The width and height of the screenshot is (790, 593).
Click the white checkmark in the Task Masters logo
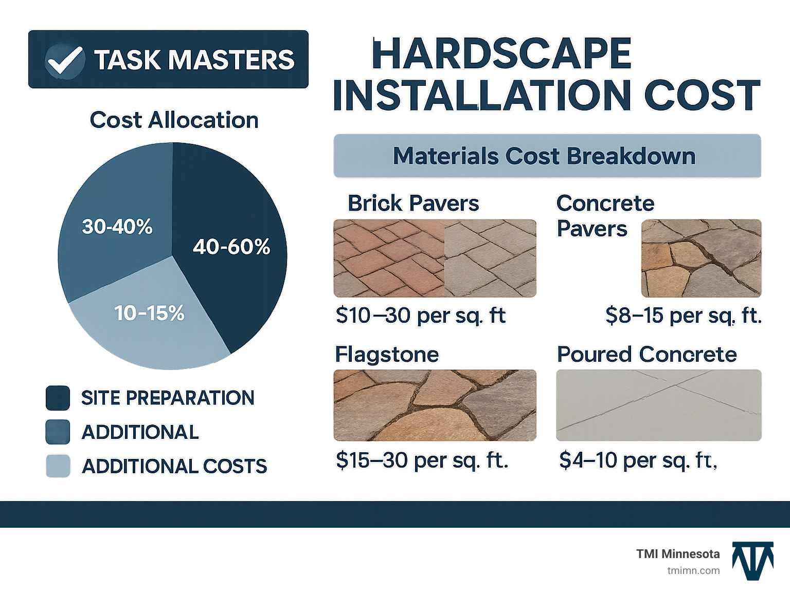coord(64,60)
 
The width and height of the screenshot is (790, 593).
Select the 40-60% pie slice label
coord(231,247)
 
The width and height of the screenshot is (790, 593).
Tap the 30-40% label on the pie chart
coord(117,227)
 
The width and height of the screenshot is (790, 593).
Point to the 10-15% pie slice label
coord(149,313)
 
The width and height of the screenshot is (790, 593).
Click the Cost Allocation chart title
coord(174,120)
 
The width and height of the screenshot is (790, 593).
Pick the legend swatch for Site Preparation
coord(58,398)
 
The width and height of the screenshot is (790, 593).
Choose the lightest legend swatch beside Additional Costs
coord(58,466)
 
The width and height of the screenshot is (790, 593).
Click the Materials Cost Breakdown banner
coord(547,156)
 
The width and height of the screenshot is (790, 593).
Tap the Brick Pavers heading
coord(413,203)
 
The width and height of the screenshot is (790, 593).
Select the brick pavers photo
coord(435,258)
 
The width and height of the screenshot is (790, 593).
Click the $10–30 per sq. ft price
coord(420,316)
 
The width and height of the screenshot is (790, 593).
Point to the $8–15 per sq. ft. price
coord(683,316)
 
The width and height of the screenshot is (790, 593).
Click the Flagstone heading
coord(387,355)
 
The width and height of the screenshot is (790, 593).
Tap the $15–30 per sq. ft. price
coord(422,460)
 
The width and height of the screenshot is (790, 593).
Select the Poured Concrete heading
coord(647,355)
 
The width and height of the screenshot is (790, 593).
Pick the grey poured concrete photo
coord(658,405)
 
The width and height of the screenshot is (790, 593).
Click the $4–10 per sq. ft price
coord(638,460)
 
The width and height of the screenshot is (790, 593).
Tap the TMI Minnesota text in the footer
coord(678,554)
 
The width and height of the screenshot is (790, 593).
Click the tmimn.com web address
coord(693,570)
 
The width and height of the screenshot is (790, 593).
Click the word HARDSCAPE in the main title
coord(501,53)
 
